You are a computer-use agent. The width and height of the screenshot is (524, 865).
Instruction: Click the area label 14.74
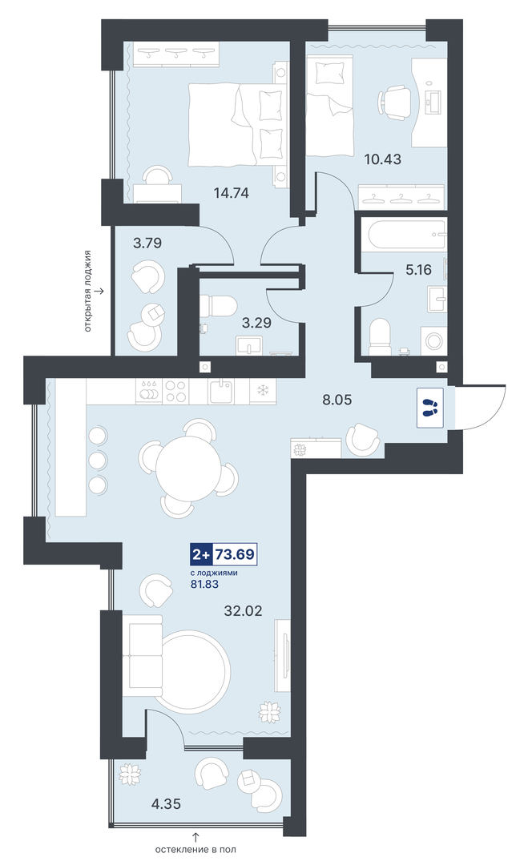pyautogui.click(x=232, y=193)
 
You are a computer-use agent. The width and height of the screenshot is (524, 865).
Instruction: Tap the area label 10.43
pyautogui.click(x=382, y=159)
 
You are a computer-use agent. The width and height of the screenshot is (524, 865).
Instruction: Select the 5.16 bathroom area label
pyautogui.click(x=418, y=271)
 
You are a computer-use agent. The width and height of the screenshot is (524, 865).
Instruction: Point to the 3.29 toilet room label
pyautogui.click(x=257, y=323)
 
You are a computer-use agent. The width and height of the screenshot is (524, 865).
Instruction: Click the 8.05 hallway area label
pyautogui.click(x=337, y=400)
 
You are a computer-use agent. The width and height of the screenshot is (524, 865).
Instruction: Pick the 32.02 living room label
pyautogui.click(x=243, y=610)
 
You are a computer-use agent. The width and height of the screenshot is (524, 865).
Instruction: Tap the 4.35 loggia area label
pyautogui.click(x=166, y=804)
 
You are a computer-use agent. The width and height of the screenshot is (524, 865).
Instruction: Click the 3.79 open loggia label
pyautogui.click(x=147, y=243)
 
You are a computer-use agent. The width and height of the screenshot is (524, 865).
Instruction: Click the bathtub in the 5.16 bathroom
pyautogui.click(x=403, y=235)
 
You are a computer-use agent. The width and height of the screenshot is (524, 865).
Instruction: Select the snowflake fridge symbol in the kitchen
pyautogui.click(x=263, y=391)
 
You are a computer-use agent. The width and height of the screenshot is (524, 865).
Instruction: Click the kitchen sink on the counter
pyautogui.click(x=222, y=391)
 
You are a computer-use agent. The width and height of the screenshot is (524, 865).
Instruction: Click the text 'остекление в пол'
pyautogui.click(x=195, y=850)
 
